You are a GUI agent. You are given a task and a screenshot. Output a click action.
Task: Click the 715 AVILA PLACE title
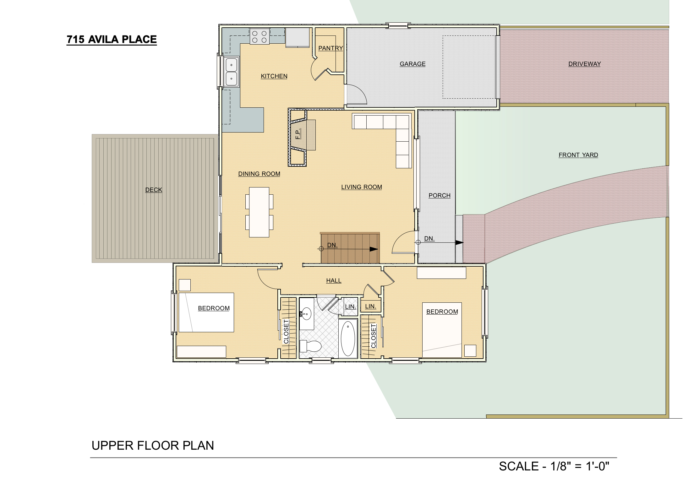(x=112, y=40)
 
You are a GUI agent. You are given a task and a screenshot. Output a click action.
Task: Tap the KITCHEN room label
(x=274, y=76)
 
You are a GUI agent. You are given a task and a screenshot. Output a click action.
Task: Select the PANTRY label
(x=330, y=48)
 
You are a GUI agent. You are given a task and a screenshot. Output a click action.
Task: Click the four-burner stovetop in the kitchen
(x=260, y=36)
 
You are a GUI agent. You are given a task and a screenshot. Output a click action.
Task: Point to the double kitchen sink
(x=232, y=72)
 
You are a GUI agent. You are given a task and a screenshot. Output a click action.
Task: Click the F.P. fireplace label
(x=298, y=134)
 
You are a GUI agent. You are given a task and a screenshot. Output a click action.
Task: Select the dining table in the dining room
(x=259, y=212)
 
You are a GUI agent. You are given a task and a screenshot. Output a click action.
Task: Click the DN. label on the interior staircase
(x=332, y=245)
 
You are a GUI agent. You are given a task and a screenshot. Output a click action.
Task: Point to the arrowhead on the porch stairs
(x=459, y=242)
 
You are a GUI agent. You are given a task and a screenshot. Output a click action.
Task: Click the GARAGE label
(x=413, y=64)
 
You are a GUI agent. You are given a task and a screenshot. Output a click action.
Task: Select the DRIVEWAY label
(x=584, y=64)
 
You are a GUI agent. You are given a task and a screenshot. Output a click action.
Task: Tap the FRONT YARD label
(x=578, y=155)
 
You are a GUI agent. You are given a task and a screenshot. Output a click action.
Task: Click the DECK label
(x=154, y=190)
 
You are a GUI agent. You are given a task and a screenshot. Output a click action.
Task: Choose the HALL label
(x=334, y=280)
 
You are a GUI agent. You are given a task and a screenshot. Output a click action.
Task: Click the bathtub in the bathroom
(x=348, y=339)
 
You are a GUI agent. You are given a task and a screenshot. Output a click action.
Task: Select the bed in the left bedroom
(x=206, y=312)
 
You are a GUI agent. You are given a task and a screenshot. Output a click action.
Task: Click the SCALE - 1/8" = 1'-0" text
(x=554, y=466)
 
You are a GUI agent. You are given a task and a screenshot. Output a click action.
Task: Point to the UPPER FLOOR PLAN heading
(x=153, y=446)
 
